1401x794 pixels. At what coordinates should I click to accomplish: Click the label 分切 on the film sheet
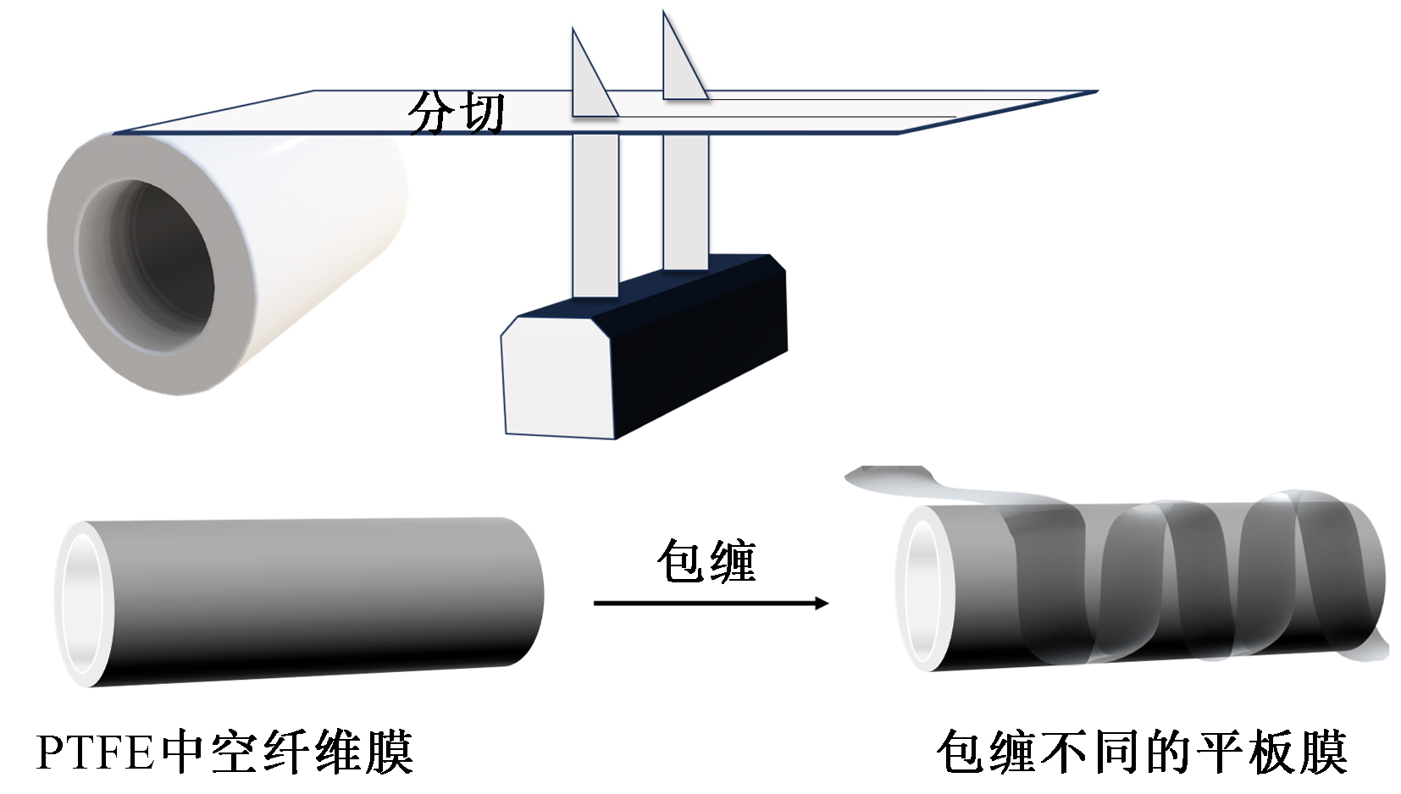(x=457, y=113)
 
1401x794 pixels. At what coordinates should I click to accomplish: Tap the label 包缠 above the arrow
(x=706, y=560)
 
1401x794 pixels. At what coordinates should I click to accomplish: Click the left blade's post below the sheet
(x=595, y=212)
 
